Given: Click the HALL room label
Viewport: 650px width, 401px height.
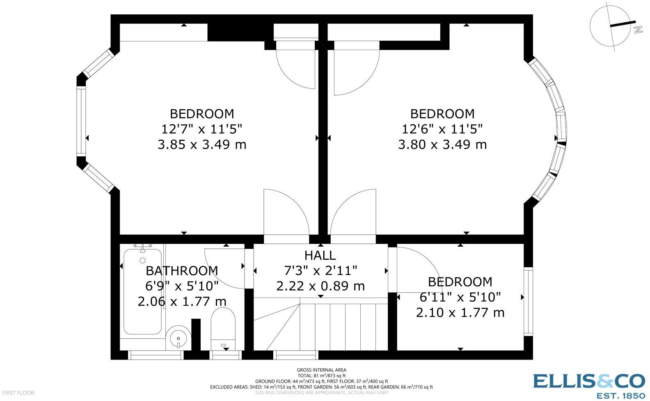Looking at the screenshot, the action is (320, 255).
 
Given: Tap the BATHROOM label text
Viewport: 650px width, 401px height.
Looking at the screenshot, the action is (182, 271).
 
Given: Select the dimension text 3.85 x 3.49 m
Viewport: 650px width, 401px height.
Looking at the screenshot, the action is (202, 144).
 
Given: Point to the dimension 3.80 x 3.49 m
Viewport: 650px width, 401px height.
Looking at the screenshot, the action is (442, 144).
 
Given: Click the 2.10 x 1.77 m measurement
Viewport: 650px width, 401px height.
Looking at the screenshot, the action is (460, 312).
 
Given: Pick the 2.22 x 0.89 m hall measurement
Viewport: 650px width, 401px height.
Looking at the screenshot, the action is (320, 286).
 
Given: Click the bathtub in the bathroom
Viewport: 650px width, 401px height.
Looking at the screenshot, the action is (142, 291).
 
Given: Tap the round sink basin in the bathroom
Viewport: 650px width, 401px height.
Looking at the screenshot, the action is (179, 338).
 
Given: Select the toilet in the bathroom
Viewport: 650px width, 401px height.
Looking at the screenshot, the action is (223, 328).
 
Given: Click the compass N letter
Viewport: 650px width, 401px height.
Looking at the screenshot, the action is (638, 30).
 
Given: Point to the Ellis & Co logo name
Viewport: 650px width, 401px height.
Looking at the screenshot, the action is (589, 381).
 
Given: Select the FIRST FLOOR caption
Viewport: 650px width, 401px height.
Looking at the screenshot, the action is (18, 392).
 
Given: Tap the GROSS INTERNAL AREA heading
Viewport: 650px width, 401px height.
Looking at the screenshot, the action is (321, 370).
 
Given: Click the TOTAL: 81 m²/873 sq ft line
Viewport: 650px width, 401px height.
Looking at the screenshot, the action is (321, 376).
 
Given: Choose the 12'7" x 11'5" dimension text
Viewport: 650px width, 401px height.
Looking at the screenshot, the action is (201, 129).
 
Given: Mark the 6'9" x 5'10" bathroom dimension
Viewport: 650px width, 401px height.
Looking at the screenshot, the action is (182, 286).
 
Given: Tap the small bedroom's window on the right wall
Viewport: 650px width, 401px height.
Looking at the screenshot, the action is (529, 301).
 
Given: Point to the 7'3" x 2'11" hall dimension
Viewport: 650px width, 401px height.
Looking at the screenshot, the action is (320, 271).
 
